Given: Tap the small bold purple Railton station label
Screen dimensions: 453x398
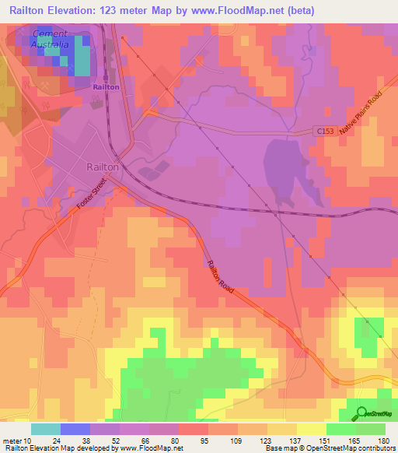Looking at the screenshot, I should pyautogui.click(x=106, y=87).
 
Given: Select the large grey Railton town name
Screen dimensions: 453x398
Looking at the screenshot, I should pyautogui.click(x=102, y=167).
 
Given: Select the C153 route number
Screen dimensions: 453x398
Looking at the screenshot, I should pyautogui.click(x=327, y=133).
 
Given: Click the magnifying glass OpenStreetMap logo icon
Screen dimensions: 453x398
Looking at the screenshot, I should pyautogui.click(x=360, y=413).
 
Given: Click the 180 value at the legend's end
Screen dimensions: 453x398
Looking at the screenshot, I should pyautogui.click(x=383, y=440).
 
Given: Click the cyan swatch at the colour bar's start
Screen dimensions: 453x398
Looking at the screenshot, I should pyautogui.click(x=45, y=429).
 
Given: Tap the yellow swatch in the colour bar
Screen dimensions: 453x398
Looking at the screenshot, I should pyautogui.click(x=311, y=429).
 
